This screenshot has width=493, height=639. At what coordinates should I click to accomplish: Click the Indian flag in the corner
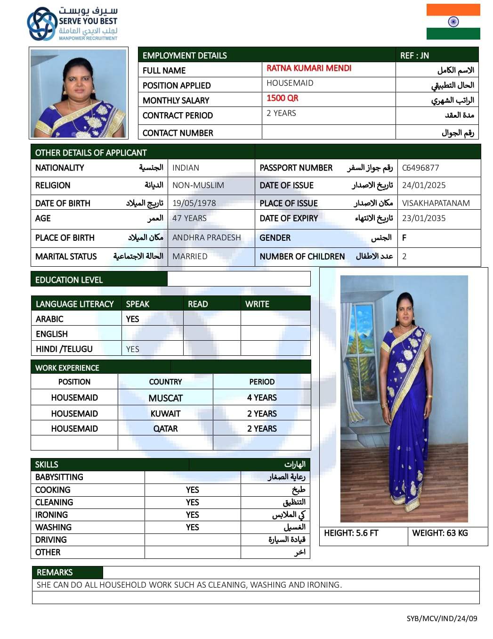click(x=453, y=22)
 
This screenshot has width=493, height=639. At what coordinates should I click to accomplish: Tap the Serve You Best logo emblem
click(x=42, y=24)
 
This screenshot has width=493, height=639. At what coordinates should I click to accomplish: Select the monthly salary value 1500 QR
click(x=283, y=98)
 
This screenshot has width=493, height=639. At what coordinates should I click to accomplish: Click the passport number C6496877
click(x=420, y=168)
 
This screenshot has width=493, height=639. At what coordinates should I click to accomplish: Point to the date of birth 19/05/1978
click(x=194, y=203)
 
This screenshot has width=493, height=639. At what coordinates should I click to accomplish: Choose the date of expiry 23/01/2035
click(x=424, y=218)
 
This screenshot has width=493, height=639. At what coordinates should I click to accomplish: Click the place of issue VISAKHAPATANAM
click(x=436, y=203)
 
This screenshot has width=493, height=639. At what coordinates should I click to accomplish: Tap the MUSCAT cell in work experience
click(x=165, y=398)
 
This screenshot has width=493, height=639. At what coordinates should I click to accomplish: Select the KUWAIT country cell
click(x=165, y=414)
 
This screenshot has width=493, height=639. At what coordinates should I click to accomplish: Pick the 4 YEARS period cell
click(x=262, y=398)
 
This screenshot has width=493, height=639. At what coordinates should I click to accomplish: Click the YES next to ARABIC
click(x=132, y=319)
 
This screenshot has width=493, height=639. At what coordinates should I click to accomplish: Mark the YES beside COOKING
click(x=192, y=490)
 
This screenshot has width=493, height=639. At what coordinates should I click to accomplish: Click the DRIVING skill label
click(x=51, y=540)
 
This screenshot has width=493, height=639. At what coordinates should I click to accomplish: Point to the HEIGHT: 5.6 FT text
click(x=351, y=533)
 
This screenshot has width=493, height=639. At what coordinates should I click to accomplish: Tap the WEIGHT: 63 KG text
click(x=440, y=533)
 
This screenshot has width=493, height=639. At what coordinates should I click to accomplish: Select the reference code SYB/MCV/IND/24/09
click(x=442, y=618)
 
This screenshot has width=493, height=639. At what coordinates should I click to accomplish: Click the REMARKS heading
click(x=55, y=573)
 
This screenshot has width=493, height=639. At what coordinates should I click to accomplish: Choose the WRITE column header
click(x=257, y=304)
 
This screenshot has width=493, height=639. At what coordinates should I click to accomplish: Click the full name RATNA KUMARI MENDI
click(x=309, y=68)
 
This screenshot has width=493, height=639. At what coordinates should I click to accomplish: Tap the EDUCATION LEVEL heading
click(x=69, y=280)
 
